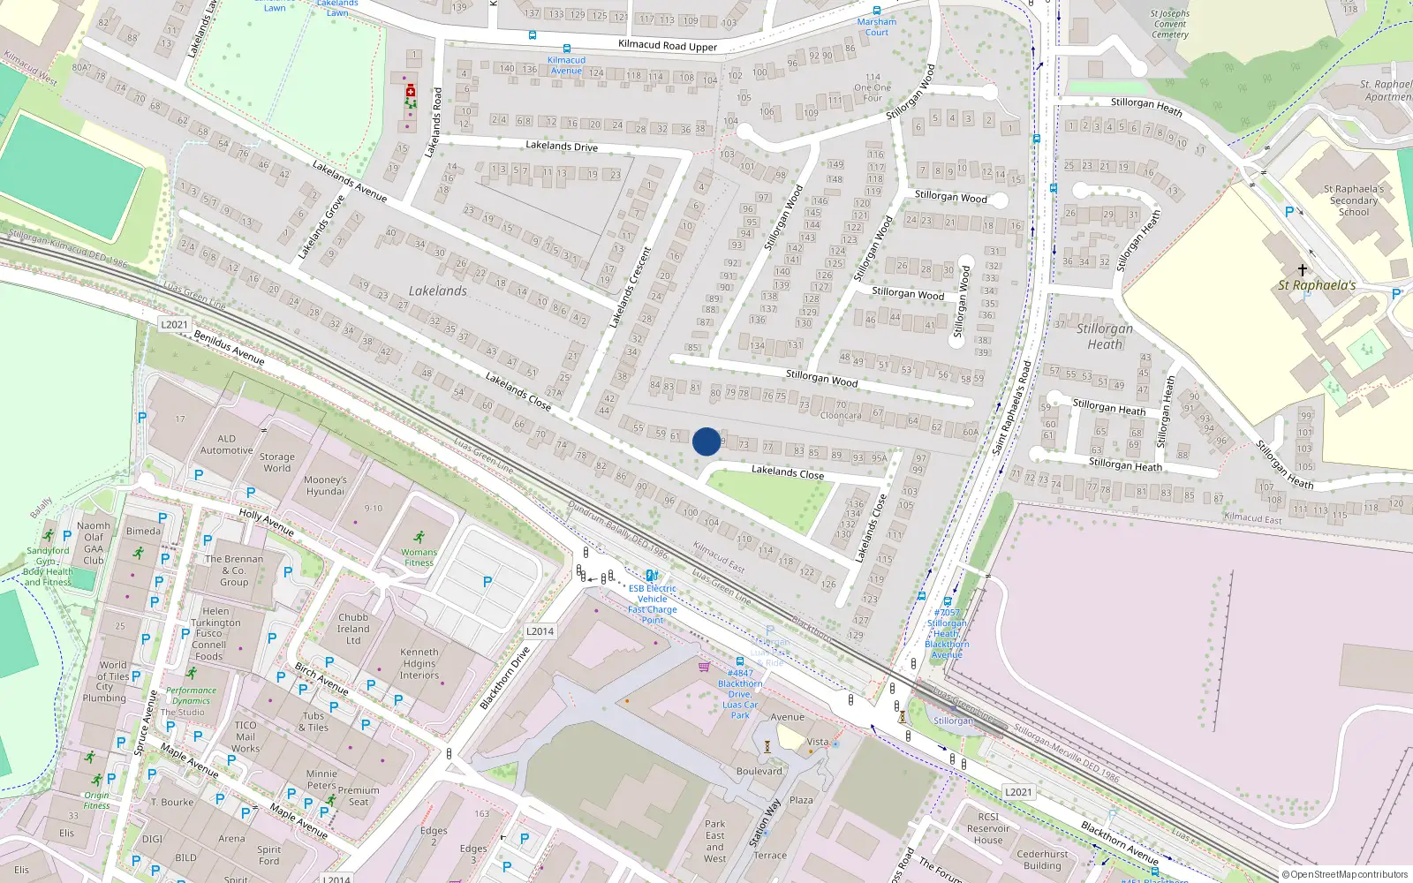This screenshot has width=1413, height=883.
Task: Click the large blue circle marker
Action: (706, 441)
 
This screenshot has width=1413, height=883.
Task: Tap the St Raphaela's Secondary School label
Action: (1353, 200)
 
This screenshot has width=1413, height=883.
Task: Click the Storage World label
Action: (276, 463)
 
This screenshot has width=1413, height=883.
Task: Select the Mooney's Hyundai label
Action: (325, 486)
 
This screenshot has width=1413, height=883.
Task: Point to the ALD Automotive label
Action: (226, 444)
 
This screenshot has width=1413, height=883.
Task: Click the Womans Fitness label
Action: (419, 557)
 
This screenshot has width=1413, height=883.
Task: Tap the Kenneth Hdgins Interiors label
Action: (419, 664)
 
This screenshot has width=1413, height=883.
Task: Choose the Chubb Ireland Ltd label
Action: (353, 629)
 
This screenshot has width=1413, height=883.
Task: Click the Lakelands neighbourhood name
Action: (438, 291)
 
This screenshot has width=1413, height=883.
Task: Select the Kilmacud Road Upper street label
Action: (668, 46)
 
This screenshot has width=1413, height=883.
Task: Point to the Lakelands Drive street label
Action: (562, 146)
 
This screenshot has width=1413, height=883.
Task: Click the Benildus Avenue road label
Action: (229, 347)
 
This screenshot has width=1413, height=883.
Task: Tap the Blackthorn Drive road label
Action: (504, 677)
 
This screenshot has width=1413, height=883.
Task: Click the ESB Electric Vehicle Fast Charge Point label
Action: (653, 604)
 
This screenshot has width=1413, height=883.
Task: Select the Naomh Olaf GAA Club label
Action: (94, 542)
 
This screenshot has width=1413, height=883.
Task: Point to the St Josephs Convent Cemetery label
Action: (1169, 24)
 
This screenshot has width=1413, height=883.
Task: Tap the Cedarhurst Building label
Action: (1042, 860)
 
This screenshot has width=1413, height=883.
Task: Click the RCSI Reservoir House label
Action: (988, 828)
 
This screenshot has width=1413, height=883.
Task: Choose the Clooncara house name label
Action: (840, 415)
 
